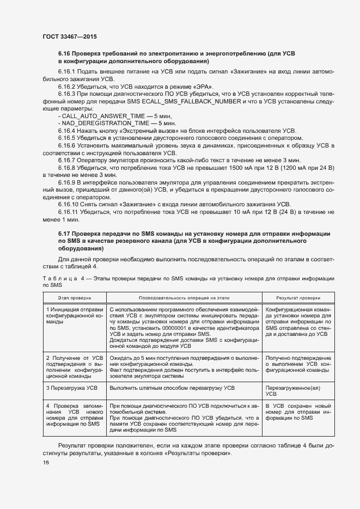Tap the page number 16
(46, 462)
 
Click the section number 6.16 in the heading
(64, 54)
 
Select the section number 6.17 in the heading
(64, 233)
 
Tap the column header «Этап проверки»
(75, 298)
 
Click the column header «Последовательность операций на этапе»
(184, 298)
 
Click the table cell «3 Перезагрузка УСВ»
(69, 388)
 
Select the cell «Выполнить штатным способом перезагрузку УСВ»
(172, 388)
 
